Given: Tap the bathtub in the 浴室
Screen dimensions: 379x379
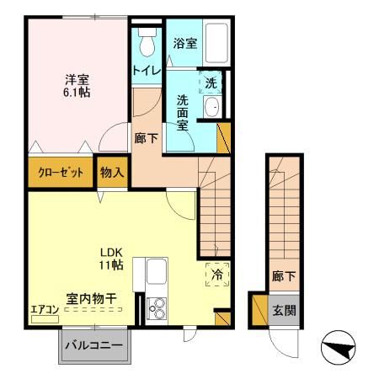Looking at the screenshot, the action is pyautogui.click(x=216, y=43).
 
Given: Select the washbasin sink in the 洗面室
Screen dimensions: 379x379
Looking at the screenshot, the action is pyautogui.click(x=212, y=107).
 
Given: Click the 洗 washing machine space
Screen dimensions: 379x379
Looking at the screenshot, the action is pyautogui.click(x=211, y=82).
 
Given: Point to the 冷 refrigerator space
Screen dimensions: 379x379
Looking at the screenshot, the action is pyautogui.click(x=217, y=275).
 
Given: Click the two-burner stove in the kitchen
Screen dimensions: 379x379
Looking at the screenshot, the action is pyautogui.click(x=157, y=308).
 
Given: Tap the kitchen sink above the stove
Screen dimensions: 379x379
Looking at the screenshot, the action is pyautogui.click(x=157, y=272).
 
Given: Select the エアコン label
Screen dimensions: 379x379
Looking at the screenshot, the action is pyautogui.click(x=45, y=310).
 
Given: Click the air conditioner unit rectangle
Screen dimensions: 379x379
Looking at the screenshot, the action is pyautogui.click(x=45, y=319).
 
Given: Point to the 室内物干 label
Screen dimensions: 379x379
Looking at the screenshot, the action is pyautogui.click(x=92, y=298).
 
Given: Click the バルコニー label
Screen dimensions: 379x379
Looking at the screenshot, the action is pyautogui.click(x=94, y=344).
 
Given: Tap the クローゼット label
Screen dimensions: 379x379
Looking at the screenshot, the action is pyautogui.click(x=61, y=172).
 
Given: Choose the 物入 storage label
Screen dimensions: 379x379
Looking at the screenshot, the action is pyautogui.click(x=112, y=172).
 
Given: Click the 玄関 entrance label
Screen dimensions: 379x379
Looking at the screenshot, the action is pyautogui.click(x=285, y=311).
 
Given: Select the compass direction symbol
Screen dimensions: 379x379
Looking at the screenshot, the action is pyautogui.click(x=339, y=347).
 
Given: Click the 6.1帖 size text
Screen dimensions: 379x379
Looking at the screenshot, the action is pyautogui.click(x=77, y=93).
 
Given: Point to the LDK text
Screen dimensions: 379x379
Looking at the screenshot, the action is pyautogui.click(x=111, y=253).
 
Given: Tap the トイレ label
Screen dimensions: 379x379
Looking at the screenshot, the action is pyautogui.click(x=147, y=70).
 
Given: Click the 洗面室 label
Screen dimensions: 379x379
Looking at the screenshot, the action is pyautogui.click(x=183, y=113).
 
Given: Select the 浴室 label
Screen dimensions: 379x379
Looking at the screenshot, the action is pyautogui.click(x=185, y=43).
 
